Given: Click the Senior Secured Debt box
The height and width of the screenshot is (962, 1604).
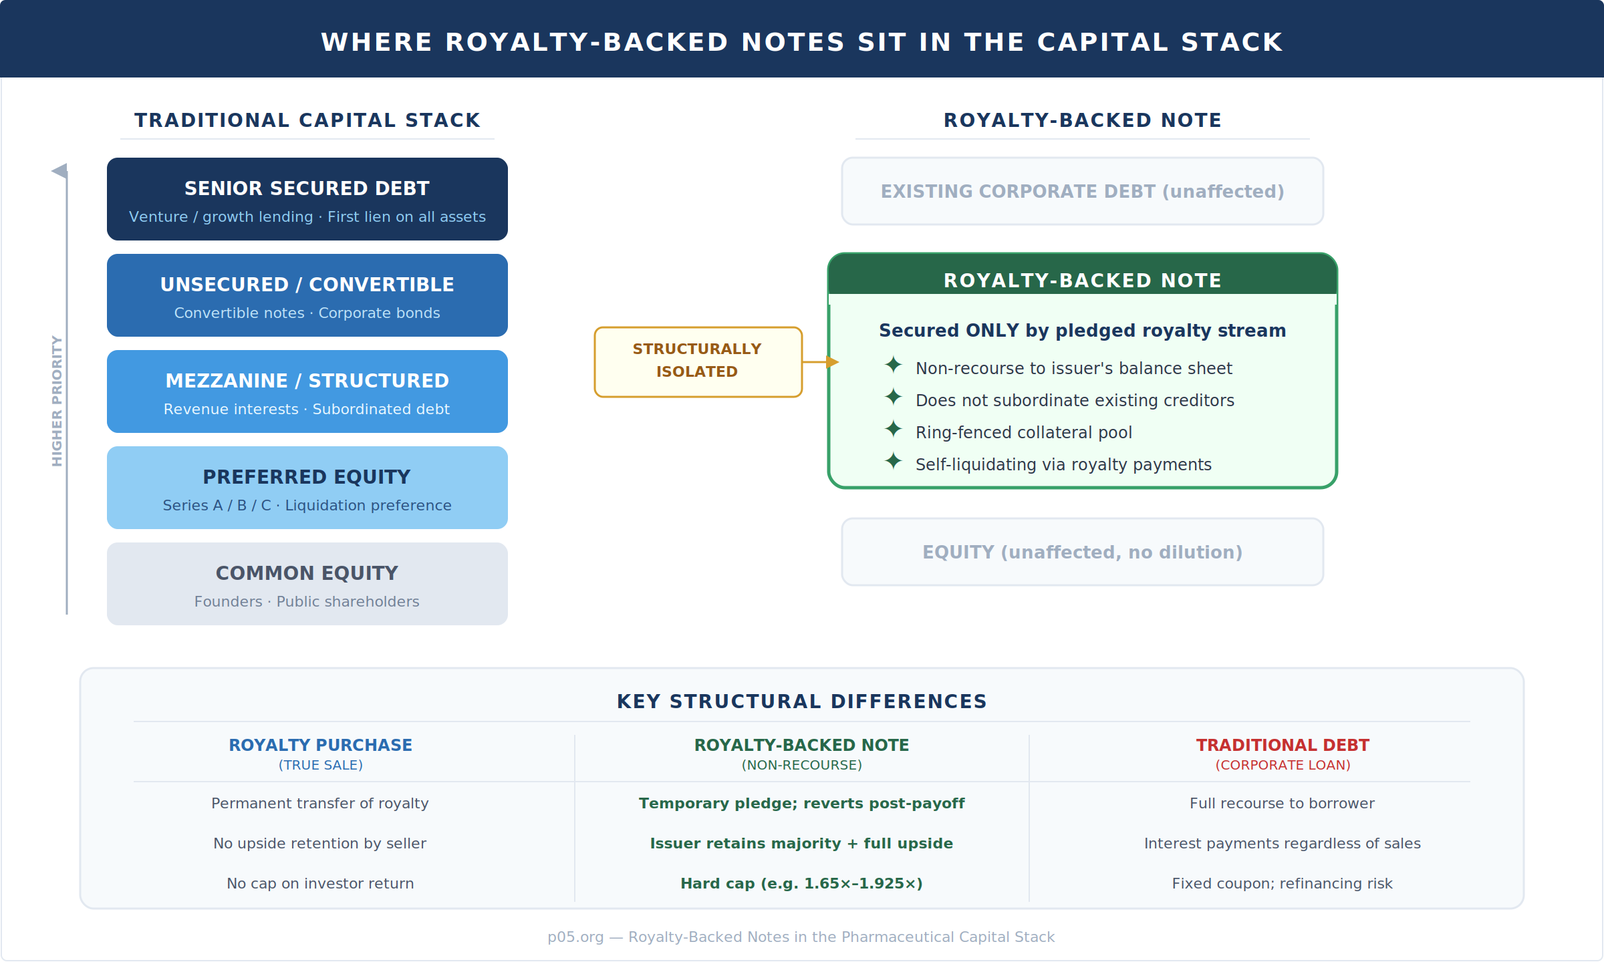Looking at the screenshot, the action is (307, 199).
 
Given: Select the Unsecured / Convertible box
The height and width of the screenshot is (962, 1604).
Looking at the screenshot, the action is (307, 295).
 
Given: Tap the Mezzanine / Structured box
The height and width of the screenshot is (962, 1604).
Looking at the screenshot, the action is (307, 391).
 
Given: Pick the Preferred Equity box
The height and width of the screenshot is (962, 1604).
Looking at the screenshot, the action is (307, 488).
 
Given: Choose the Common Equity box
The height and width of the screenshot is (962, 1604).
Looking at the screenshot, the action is (307, 584).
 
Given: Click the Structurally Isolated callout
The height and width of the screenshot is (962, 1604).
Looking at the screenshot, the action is (698, 362).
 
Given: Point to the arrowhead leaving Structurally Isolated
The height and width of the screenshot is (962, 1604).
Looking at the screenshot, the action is (833, 362).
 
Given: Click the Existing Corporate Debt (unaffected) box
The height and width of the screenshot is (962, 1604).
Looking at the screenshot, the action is (1083, 191).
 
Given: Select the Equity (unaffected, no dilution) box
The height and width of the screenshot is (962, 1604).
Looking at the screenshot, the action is (1083, 552).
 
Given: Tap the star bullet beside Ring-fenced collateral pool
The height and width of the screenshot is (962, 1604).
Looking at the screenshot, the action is (893, 429).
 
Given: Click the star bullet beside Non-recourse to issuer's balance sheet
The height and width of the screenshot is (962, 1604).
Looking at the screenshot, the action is (893, 365).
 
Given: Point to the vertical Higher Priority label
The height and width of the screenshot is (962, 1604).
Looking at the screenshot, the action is (57, 401).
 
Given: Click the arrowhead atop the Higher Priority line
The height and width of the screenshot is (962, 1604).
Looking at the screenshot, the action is (59, 171).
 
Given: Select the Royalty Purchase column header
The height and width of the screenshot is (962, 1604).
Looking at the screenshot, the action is (321, 754).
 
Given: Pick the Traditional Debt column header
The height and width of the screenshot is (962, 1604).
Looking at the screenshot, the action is (1283, 754).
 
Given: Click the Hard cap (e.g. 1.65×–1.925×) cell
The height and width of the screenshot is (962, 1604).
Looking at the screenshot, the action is (802, 883).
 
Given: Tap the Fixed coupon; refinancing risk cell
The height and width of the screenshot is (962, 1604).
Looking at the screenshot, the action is (1283, 883).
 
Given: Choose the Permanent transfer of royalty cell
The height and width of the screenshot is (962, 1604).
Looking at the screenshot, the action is (320, 803).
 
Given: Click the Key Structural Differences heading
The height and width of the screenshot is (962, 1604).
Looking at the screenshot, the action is (802, 701).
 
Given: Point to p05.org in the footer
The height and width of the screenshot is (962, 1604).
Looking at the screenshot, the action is (575, 937).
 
